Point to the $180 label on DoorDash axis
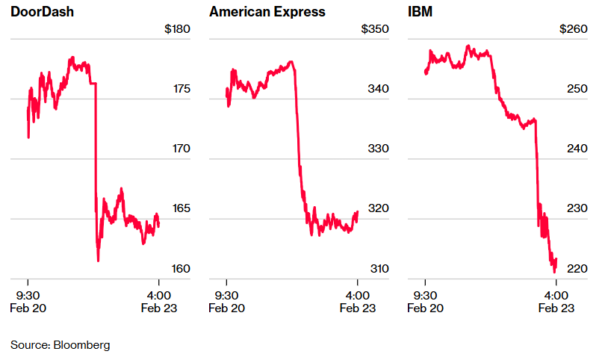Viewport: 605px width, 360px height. coord(178,29)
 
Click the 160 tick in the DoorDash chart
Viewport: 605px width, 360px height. coord(182,268)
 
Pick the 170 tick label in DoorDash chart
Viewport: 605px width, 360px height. coord(182,149)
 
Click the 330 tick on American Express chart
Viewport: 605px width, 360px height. coord(379,149)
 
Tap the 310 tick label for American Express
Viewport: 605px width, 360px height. coord(379,268)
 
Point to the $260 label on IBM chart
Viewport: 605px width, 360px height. coord(574,29)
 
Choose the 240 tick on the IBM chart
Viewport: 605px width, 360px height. coord(578,149)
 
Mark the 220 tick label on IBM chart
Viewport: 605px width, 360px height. coord(578,268)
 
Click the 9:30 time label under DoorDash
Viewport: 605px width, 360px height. coord(28,294)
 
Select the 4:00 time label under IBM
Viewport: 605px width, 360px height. coord(555,294)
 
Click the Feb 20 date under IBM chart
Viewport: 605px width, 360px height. coord(425,308)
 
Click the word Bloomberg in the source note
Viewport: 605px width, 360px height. coord(82,345)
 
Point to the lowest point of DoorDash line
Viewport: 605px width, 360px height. coord(98,261)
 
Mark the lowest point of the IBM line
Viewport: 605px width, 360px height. coord(554,272)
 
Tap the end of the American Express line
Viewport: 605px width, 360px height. coord(358,212)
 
